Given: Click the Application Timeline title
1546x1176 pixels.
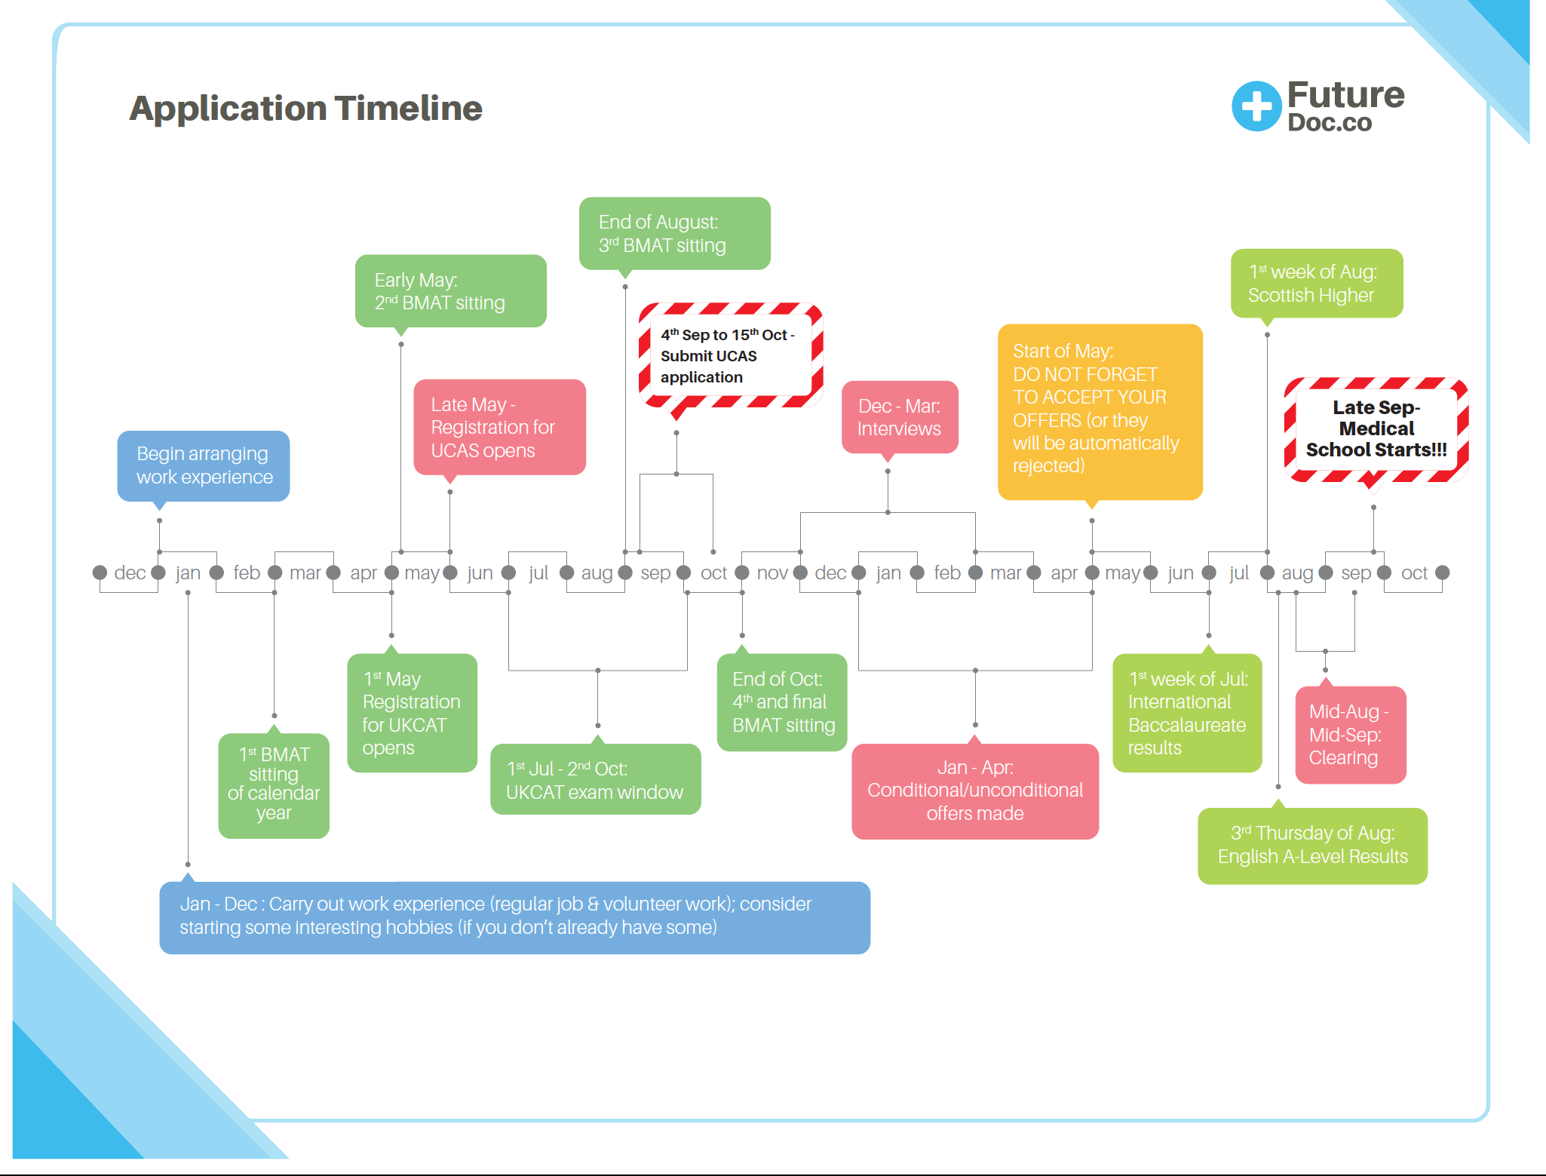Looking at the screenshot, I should [x=305, y=109].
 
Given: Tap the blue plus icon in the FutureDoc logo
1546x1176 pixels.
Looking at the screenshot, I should [x=1256, y=106].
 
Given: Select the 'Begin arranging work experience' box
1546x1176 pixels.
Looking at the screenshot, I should [x=204, y=465].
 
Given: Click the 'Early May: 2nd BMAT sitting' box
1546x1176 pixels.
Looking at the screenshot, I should [x=450, y=291].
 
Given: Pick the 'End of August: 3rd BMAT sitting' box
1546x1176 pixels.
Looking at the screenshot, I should [x=674, y=234].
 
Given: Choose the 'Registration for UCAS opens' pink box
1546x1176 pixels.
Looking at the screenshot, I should [x=499, y=427].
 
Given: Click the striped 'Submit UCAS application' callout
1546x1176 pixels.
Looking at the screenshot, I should [x=729, y=355].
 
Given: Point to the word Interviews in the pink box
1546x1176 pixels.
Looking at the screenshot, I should [x=899, y=429].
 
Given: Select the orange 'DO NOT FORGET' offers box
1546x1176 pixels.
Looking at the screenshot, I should [x=1100, y=411].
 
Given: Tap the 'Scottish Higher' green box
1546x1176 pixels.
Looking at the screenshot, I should [x=1316, y=284].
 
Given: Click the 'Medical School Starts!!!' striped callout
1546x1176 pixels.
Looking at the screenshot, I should [x=1376, y=428].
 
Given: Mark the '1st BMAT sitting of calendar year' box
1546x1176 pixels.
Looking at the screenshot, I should [x=274, y=785].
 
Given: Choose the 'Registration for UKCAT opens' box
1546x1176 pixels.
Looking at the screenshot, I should [x=412, y=713].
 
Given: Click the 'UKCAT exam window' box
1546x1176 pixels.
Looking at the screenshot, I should [x=595, y=780].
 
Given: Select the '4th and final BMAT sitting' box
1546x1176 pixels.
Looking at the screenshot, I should [x=782, y=702].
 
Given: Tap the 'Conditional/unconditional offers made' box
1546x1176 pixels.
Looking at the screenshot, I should [x=974, y=791].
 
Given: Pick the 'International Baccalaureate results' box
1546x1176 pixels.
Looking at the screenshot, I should [x=1187, y=713].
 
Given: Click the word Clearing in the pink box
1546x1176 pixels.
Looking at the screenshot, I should [x=1343, y=758].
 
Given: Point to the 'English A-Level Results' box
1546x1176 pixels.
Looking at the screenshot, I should [x=1312, y=846].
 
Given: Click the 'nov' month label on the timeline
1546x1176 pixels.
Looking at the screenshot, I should [x=772, y=573].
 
